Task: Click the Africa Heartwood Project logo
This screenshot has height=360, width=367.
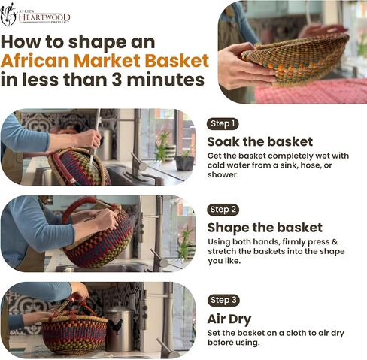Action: point(35,15)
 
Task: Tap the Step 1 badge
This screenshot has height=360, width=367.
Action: point(223,124)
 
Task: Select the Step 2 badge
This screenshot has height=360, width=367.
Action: point(223,210)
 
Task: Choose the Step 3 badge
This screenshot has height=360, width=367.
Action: point(223,300)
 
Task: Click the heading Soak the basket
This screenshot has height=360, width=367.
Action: point(260,141)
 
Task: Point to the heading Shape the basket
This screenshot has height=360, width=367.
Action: point(265,228)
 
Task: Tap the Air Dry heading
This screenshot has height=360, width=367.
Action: point(229,319)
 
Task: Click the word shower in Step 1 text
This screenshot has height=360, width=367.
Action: point(222,174)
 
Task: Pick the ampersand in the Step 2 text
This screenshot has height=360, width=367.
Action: point(335,241)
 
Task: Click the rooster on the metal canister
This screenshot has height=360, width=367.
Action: point(117,326)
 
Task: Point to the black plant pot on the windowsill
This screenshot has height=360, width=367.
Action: point(184,163)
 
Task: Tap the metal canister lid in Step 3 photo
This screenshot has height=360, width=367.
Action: point(119,307)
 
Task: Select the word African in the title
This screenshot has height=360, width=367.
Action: point(35,61)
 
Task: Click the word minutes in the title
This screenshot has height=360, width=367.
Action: point(165,80)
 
